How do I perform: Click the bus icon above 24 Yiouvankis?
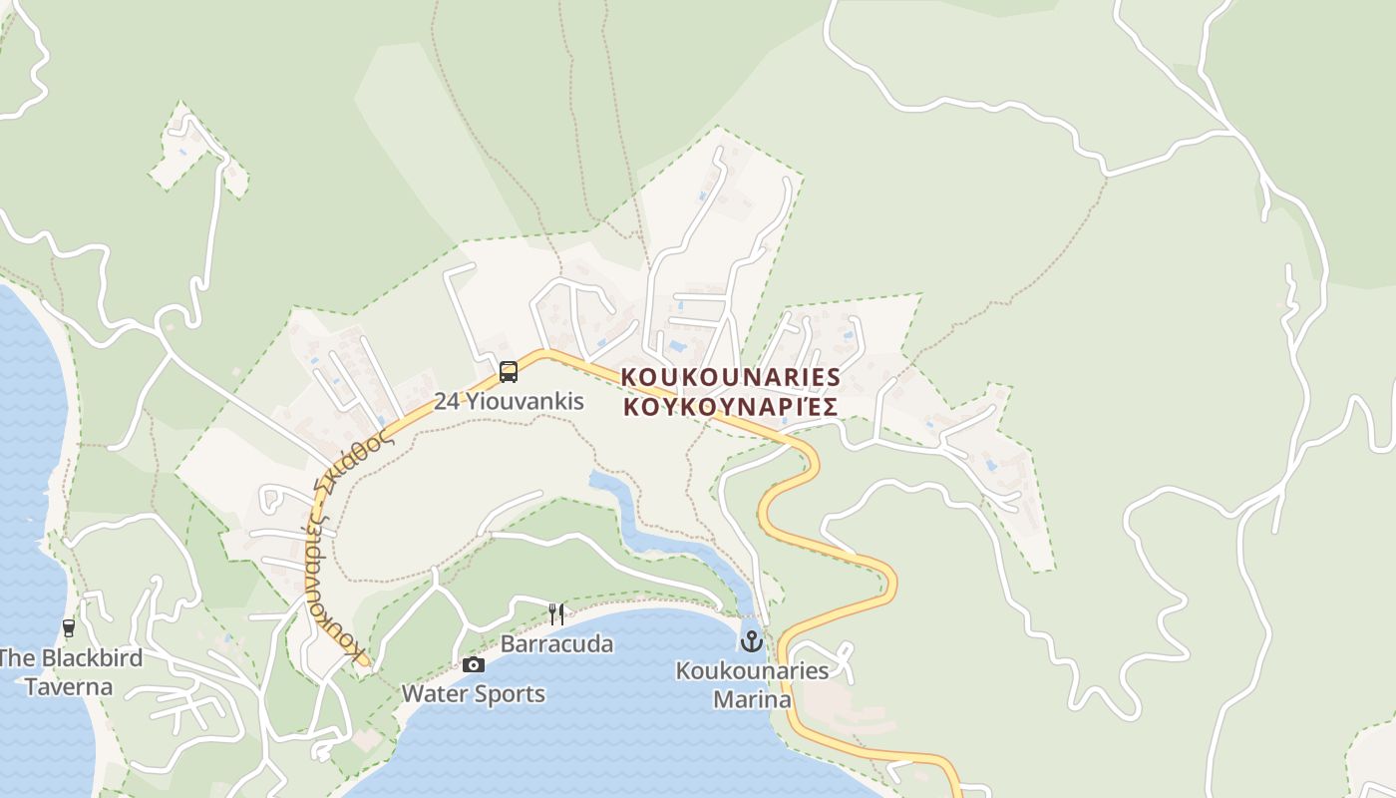click(509, 372)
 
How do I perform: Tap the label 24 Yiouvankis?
click(509, 401)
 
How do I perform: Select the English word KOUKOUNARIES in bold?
click(731, 377)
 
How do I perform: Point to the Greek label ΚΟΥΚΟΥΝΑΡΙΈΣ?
click(729, 407)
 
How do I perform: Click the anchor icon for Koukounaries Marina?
click(752, 640)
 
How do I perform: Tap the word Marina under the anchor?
click(752, 699)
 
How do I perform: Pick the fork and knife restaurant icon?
click(556, 613)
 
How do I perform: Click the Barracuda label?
click(556, 644)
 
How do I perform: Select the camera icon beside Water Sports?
click(474, 664)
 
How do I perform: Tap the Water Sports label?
click(474, 694)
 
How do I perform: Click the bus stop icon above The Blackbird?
click(69, 628)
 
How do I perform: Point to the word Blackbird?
click(92, 658)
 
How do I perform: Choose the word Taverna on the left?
click(69, 687)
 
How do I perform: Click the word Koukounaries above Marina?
click(752, 670)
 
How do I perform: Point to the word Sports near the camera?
click(511, 694)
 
